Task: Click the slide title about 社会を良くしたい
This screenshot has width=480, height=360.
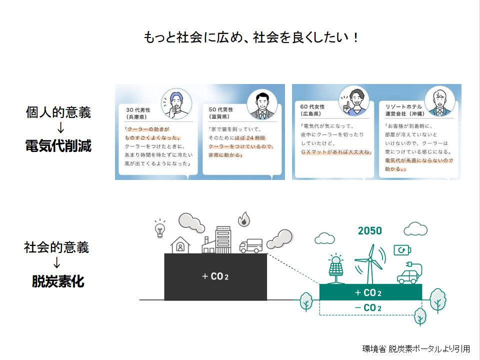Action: [x=250, y=37]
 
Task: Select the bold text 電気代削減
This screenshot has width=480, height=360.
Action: [x=58, y=145]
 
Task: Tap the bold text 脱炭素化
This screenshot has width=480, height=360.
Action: [x=58, y=281]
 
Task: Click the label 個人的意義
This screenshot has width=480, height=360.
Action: [x=58, y=112]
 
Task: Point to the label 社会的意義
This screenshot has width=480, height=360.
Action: [x=56, y=247]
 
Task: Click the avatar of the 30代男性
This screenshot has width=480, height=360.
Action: [x=176, y=104]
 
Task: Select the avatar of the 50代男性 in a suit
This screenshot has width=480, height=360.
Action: [x=262, y=104]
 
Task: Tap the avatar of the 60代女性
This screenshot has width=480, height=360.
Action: [x=354, y=101]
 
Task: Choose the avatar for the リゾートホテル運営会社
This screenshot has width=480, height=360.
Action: [x=439, y=101]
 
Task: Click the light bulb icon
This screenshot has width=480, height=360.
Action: [x=160, y=228]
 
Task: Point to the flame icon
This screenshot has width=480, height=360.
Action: [x=244, y=219]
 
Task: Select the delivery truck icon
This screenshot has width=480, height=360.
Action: [x=251, y=246]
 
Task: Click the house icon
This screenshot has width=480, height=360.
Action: [x=180, y=245]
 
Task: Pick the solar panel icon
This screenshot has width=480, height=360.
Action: [x=336, y=268]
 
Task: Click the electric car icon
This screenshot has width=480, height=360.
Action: [x=409, y=273]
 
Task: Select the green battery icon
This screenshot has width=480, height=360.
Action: [x=402, y=250]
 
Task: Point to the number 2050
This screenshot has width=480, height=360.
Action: [x=370, y=230]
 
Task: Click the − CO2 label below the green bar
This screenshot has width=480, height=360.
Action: [x=368, y=307]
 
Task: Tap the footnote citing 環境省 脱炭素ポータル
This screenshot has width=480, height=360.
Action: [x=416, y=348]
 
